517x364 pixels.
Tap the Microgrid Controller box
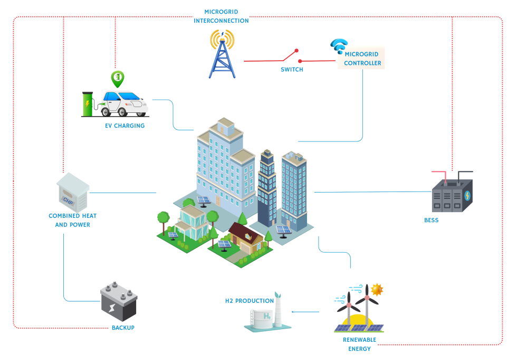(x=362, y=58)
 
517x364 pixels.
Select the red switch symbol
(x=290, y=55)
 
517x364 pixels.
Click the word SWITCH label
(x=291, y=70)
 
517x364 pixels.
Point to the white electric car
(x=125, y=103)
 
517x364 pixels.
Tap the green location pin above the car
(x=118, y=78)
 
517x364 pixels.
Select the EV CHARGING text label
(x=125, y=126)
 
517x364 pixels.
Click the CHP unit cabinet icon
(x=72, y=192)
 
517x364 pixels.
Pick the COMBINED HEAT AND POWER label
(x=72, y=220)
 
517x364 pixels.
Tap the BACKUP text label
(x=123, y=328)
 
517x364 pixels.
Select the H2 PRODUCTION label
(x=250, y=301)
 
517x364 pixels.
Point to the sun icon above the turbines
(x=377, y=290)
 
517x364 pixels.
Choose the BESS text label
(x=431, y=220)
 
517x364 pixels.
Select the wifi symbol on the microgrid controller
(x=338, y=46)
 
